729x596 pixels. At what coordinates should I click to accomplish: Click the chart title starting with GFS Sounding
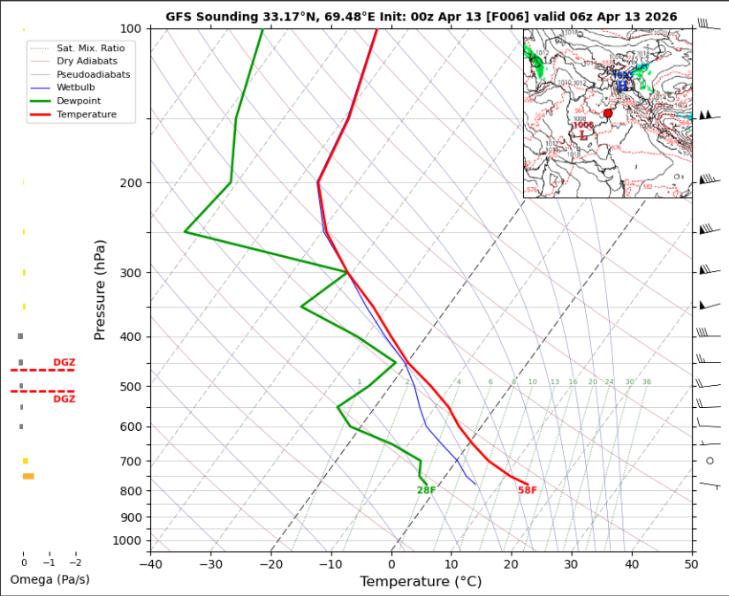point(421,17)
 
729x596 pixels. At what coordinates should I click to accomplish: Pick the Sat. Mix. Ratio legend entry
point(91,48)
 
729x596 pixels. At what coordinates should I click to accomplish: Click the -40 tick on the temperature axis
point(150,563)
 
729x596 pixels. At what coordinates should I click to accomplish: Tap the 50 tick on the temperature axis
point(691,563)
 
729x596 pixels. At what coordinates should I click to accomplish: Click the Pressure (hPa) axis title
point(100,290)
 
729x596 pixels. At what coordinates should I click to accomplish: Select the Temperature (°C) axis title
point(421,581)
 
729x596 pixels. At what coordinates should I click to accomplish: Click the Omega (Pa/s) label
point(49,579)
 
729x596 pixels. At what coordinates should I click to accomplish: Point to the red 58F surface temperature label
point(528,490)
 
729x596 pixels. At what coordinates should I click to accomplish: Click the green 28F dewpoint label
point(426,490)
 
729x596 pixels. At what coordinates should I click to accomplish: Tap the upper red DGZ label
point(64,362)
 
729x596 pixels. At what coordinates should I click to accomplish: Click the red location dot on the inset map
point(608,113)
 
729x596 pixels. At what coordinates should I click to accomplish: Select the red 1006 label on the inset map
point(583,125)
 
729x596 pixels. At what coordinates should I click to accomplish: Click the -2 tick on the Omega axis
point(76,562)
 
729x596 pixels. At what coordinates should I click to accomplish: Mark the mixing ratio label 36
point(647,382)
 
